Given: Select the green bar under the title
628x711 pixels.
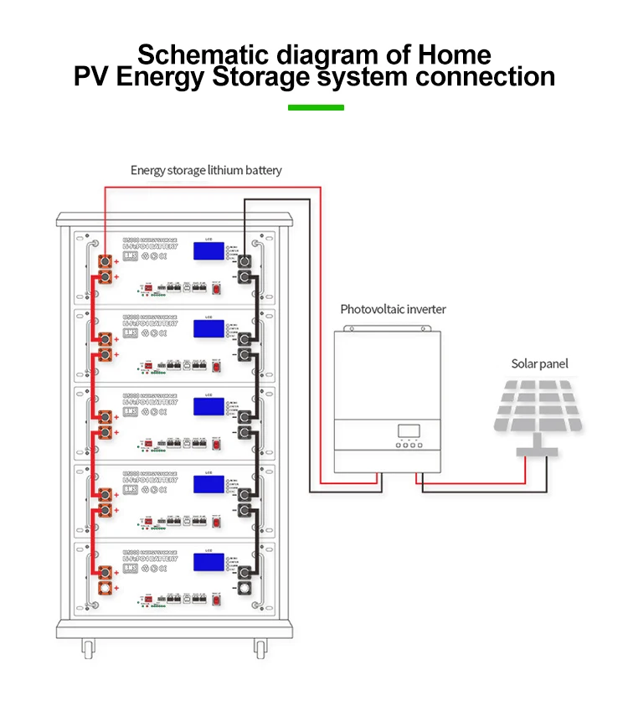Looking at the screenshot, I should click(316, 107).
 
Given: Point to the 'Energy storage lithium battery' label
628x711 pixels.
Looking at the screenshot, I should click(206, 170).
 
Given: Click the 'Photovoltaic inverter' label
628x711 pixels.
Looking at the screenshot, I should click(393, 309).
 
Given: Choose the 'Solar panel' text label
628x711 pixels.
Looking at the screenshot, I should click(539, 363).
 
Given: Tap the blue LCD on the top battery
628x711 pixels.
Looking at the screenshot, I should click(208, 250).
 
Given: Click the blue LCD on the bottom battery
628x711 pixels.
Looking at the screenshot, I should click(208, 563).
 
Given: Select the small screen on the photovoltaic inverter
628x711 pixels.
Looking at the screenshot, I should click(409, 430).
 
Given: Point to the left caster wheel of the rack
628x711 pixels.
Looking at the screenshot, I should click(86, 647).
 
